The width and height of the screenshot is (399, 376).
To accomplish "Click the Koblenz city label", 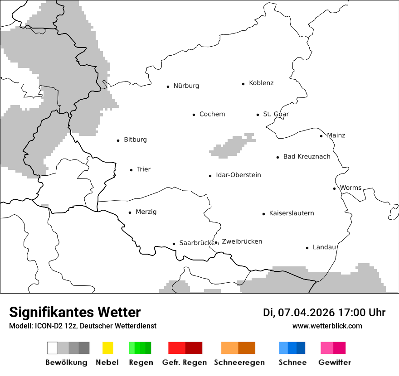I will click(x=261, y=83).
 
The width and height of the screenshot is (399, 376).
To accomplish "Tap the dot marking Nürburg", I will click(x=168, y=86).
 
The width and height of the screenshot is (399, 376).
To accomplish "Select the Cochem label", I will click(x=212, y=114).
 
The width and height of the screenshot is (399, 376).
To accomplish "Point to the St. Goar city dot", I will click(x=258, y=115).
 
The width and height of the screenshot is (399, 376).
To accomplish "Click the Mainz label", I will click(x=336, y=135).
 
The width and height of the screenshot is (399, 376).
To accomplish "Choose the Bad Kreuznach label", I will click(x=307, y=157).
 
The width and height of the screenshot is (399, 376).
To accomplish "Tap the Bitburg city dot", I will click(x=118, y=140).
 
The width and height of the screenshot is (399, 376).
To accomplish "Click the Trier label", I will click(x=143, y=169).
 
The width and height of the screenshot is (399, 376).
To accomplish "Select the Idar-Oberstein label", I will click(x=238, y=175).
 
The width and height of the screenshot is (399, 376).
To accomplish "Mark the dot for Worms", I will click(x=334, y=188).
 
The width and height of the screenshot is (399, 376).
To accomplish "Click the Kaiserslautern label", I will click(x=291, y=213).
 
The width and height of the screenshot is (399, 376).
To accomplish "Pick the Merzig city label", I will click(x=146, y=212).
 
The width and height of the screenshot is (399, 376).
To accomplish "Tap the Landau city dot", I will click(x=307, y=248).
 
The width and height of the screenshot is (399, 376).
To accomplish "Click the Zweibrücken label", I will click(x=242, y=241).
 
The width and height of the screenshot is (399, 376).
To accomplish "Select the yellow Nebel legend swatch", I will click(x=107, y=348).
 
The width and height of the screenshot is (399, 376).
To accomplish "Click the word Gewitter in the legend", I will click(x=334, y=362).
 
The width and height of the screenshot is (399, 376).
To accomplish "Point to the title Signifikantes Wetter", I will click(x=75, y=312).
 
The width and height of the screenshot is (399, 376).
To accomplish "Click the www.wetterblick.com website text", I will click(x=327, y=326).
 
